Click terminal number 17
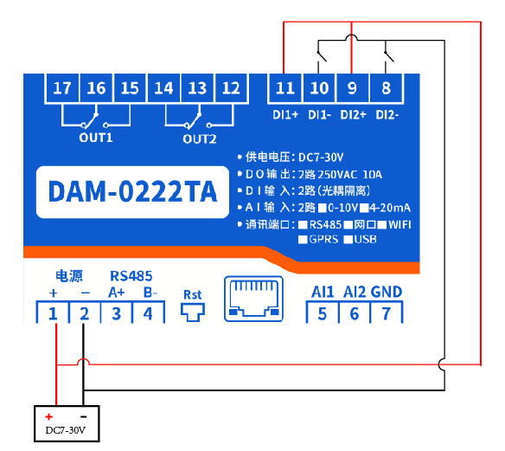click(62, 88)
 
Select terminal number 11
click(285, 88)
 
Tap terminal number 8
click(387, 88)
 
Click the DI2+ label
click(354, 115)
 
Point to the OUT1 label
click(96, 138)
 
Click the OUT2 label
click(200, 139)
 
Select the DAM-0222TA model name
click(132, 191)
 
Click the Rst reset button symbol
click(193, 312)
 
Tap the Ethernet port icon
click(253, 299)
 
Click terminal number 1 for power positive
click(53, 313)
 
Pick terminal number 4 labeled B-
click(148, 313)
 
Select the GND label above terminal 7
click(387, 292)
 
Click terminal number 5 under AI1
click(323, 313)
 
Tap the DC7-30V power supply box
click(67, 423)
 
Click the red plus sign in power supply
click(49, 417)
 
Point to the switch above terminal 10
click(322, 56)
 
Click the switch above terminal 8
click(389, 56)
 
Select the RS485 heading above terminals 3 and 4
click(131, 276)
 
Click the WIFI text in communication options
click(400, 225)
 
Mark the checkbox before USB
click(348, 240)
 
